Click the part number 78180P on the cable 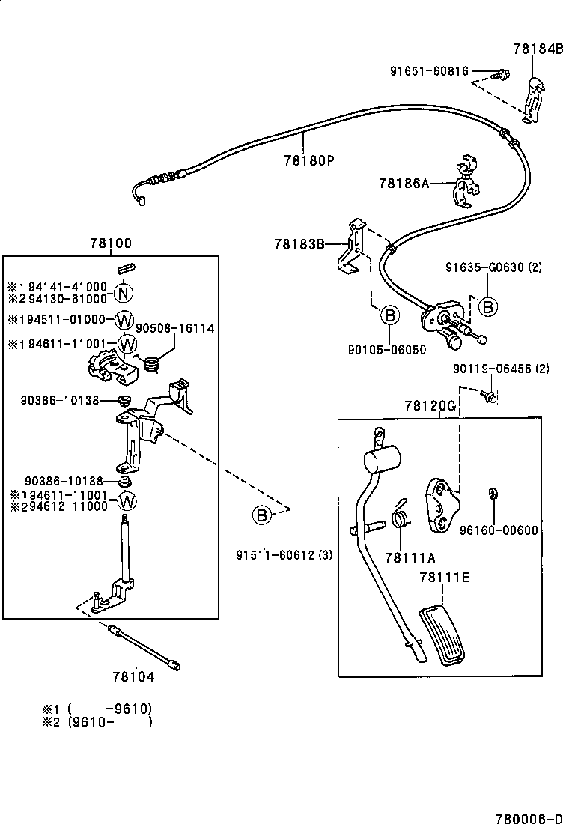pyautogui.click(x=308, y=160)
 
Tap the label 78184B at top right pyautogui.click(x=538, y=49)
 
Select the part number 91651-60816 pyautogui.click(x=429, y=72)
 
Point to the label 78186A pyautogui.click(x=404, y=182)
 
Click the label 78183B pyautogui.click(x=299, y=243)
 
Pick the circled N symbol pyautogui.click(x=124, y=292)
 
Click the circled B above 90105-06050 pyautogui.click(x=390, y=316)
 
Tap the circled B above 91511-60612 pyautogui.click(x=261, y=516)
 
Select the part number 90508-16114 pyautogui.click(x=174, y=328)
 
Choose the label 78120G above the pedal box pyautogui.click(x=430, y=405)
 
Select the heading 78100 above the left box pyautogui.click(x=111, y=243)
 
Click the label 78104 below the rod pyautogui.click(x=133, y=676)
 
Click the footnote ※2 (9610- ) pyautogui.click(x=97, y=722)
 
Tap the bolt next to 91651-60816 pyautogui.click(x=500, y=73)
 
